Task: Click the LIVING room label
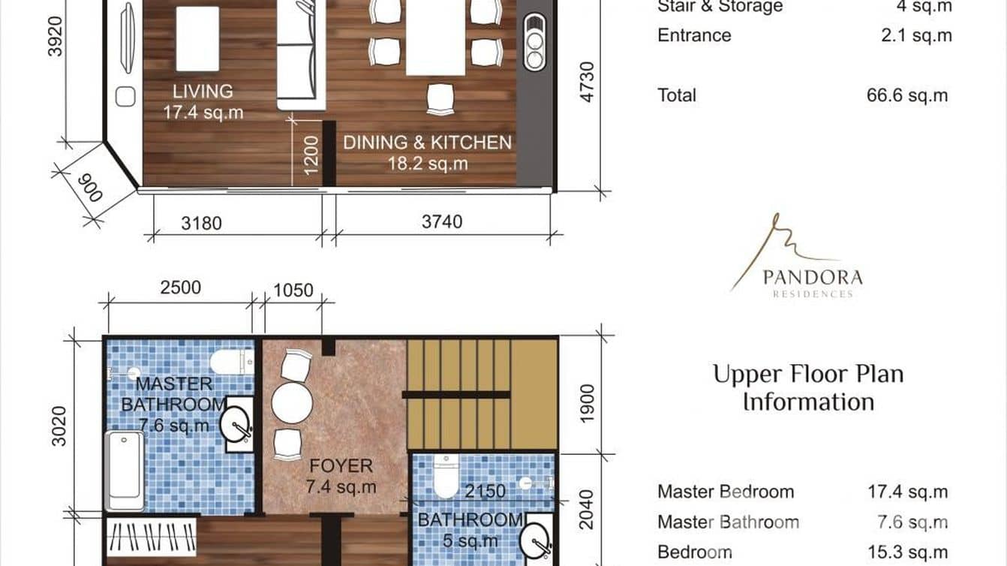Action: click(x=203, y=92)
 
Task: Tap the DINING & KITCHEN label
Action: click(x=427, y=143)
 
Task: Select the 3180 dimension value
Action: click(x=201, y=222)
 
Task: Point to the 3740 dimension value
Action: click(x=442, y=222)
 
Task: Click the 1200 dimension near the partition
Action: click(x=311, y=155)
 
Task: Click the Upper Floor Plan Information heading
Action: click(x=808, y=387)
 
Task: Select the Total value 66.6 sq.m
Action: click(x=906, y=95)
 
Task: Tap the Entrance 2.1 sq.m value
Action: click(x=916, y=35)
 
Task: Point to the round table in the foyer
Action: click(x=292, y=405)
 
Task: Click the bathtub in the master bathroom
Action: click(x=124, y=470)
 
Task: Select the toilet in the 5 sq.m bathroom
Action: click(x=446, y=480)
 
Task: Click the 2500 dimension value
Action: click(x=180, y=288)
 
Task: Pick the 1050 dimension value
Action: click(x=293, y=291)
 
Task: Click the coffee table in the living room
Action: click(x=197, y=38)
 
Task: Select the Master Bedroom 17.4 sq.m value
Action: click(x=907, y=492)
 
